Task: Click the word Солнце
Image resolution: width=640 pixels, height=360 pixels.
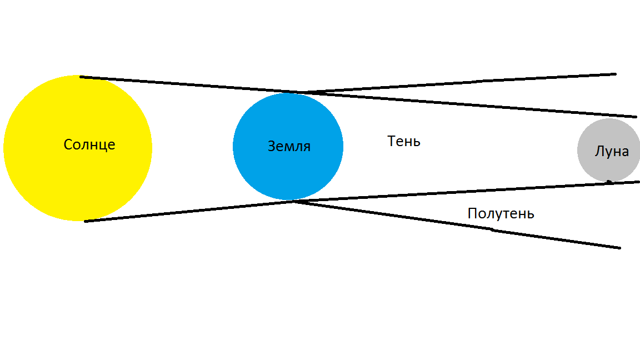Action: [89, 144]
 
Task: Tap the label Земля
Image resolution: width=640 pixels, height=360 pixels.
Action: [289, 146]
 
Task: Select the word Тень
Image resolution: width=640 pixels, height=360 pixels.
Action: [404, 141]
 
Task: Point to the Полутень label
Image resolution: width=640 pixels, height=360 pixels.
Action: [501, 213]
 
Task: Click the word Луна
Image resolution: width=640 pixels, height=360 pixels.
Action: [612, 152]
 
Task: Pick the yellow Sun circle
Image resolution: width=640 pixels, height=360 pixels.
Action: [78, 148]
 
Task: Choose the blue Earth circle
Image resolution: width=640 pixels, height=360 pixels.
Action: [288, 147]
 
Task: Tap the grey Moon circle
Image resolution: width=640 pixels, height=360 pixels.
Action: [608, 150]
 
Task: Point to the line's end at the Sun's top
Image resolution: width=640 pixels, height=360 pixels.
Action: [81, 77]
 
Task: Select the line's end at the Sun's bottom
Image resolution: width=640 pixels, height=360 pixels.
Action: [86, 221]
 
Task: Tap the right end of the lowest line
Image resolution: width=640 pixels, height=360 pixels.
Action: [619, 248]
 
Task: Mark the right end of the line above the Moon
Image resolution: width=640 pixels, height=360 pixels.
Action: [636, 117]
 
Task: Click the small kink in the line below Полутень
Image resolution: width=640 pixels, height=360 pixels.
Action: [492, 230]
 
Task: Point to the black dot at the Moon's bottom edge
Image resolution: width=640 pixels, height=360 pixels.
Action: [608, 182]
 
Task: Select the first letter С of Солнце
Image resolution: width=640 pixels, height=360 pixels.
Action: [68, 144]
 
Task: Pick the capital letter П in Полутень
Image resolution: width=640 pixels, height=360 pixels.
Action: [472, 213]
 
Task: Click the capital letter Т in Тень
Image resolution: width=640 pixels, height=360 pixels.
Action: [392, 141]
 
